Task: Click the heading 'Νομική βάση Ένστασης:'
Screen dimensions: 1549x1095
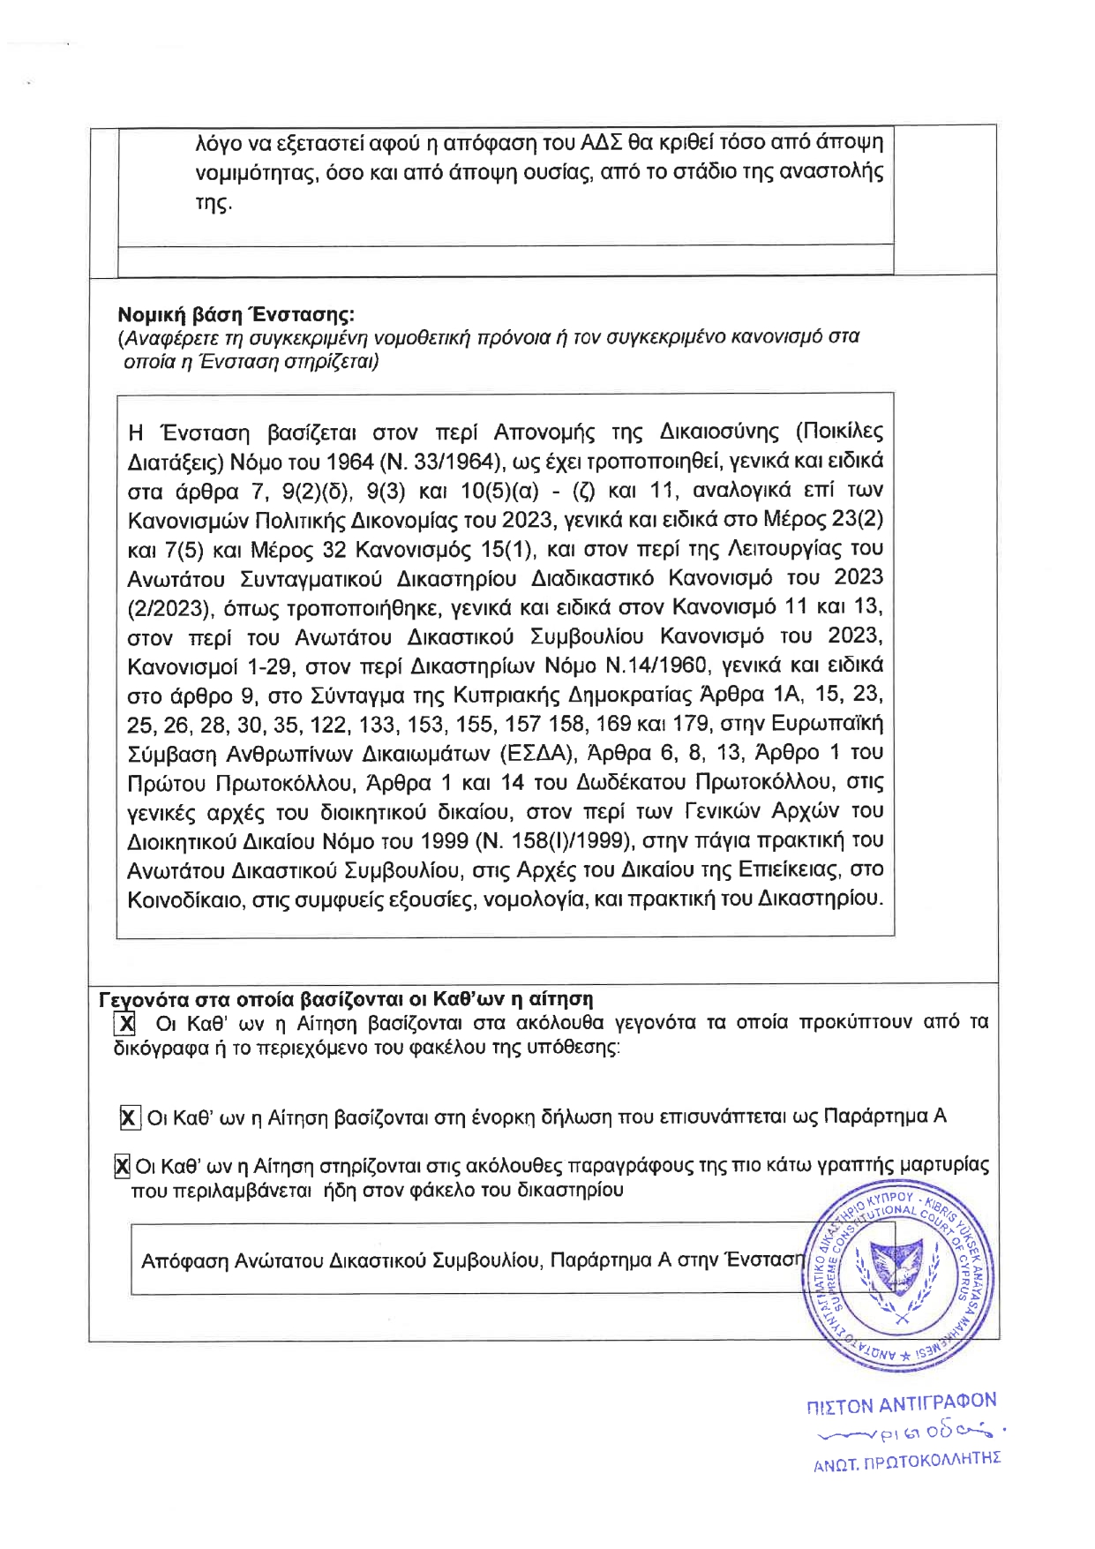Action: (236, 314)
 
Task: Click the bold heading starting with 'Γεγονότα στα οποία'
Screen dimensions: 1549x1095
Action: (345, 999)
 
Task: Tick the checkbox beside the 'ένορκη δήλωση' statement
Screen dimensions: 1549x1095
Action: (129, 1117)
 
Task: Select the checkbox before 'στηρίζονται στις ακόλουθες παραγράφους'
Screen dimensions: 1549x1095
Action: (123, 1166)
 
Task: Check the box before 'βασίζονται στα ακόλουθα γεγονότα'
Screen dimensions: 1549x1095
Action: (125, 1023)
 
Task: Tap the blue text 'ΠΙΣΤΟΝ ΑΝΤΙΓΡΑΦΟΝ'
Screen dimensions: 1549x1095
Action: (901, 1404)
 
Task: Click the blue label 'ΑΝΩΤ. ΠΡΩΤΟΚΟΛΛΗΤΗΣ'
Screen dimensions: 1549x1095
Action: (907, 1461)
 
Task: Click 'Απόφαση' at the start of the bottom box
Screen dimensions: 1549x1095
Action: (184, 1260)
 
